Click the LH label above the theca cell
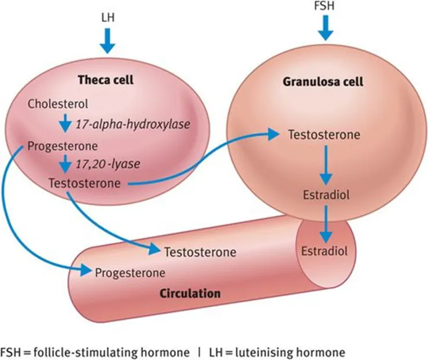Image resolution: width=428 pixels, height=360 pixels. tap(108, 17)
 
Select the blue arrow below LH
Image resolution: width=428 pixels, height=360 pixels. tap(108, 41)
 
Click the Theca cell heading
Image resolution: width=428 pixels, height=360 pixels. tap(109, 80)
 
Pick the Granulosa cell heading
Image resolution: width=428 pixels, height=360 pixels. tap(323, 82)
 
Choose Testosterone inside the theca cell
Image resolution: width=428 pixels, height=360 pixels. tap(84, 183)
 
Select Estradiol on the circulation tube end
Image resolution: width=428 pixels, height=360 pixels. tap(324, 251)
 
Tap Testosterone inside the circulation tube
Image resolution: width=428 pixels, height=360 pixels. tap(200, 252)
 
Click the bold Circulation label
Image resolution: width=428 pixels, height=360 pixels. tap(190, 293)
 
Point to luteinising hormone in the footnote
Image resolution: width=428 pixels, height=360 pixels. tap(300, 351)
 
